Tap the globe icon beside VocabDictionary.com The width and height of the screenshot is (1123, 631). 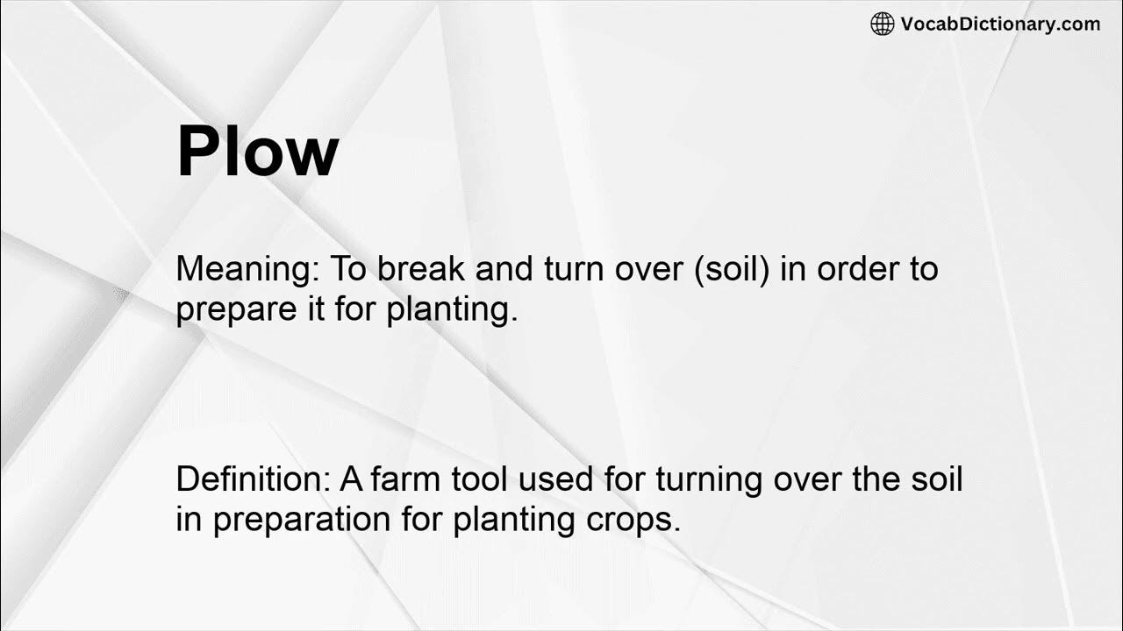[x=882, y=25]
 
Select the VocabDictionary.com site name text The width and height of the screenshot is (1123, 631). [x=999, y=25]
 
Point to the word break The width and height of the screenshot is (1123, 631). [x=422, y=269]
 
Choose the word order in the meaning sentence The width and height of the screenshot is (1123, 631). [x=855, y=269]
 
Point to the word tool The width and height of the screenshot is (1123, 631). [x=479, y=479]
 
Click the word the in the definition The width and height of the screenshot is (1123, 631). [x=864, y=479]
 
